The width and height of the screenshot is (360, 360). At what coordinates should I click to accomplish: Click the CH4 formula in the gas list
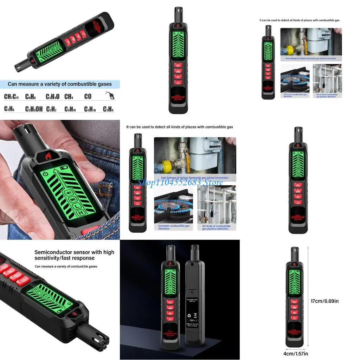69,97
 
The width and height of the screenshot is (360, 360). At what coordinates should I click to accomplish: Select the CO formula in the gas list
88,97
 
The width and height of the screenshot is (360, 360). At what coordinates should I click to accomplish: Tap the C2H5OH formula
34,109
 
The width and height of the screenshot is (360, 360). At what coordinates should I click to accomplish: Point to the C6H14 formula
70,109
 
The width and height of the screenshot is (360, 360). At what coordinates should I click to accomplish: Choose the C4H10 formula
90,109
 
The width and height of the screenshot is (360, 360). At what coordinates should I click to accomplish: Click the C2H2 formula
51,109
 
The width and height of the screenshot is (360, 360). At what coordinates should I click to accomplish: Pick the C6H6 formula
31,97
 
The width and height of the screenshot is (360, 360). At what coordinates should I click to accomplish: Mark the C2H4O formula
52,97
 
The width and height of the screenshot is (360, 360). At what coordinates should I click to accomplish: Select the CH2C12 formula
12,97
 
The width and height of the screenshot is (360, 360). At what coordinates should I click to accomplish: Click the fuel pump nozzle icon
110,95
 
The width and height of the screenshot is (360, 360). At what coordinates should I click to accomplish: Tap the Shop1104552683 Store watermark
180,182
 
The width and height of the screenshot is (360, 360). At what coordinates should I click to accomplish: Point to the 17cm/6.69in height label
324,301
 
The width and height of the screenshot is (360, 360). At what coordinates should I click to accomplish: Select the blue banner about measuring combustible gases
60,84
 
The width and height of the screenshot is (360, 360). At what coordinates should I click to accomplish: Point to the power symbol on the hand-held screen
45,174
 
